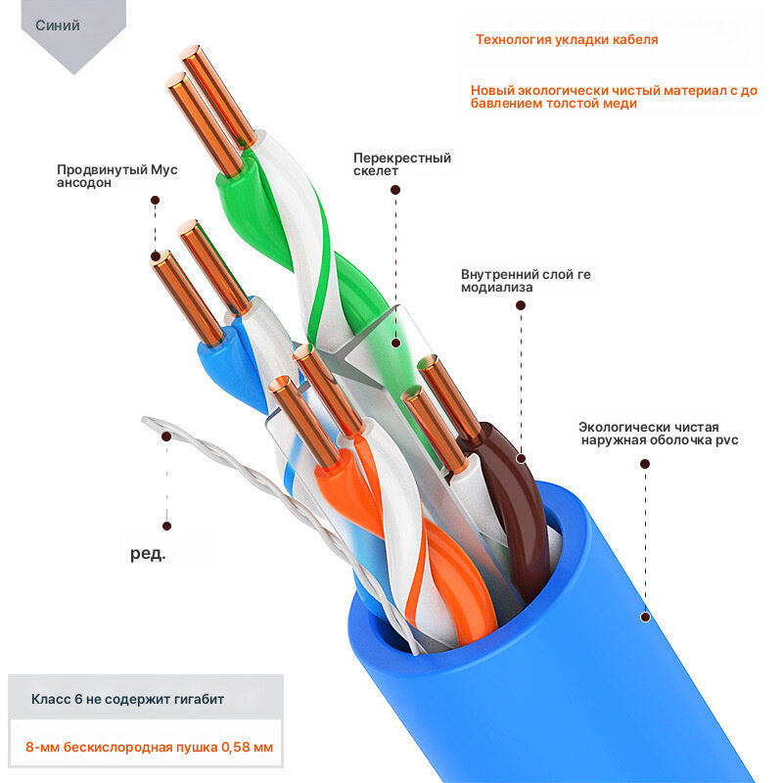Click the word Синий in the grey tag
pos(58,25)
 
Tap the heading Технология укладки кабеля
pos(567,40)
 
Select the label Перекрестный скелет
pos(402,164)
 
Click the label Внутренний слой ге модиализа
pos(526,281)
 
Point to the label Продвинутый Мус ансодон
pos(116,176)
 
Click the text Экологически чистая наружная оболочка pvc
pos(658,434)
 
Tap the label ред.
pos(148,553)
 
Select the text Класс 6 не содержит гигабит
pos(127,699)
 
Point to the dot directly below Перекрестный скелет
pos(395,190)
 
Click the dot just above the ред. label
pos(166,526)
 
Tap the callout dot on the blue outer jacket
pos(645,618)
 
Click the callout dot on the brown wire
pos(521,458)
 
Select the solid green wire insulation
pos(250,209)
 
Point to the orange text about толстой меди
pos(614,97)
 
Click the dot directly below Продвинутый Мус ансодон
pos(156,201)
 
